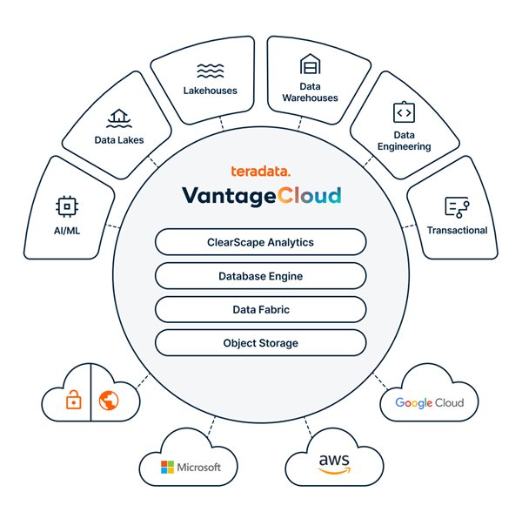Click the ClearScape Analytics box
click(260, 242)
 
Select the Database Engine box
click(260, 276)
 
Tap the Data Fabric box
click(260, 309)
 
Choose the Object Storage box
click(260, 342)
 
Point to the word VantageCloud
click(260, 195)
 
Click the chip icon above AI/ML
click(65, 206)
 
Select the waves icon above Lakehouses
click(211, 70)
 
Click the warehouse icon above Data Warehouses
click(310, 64)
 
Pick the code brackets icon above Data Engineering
click(404, 112)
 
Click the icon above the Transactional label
click(457, 206)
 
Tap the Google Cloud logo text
click(429, 403)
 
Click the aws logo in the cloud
click(334, 462)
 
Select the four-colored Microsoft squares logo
click(168, 468)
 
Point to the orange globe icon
click(109, 401)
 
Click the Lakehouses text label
click(211, 91)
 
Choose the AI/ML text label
click(65, 230)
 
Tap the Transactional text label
click(457, 230)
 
